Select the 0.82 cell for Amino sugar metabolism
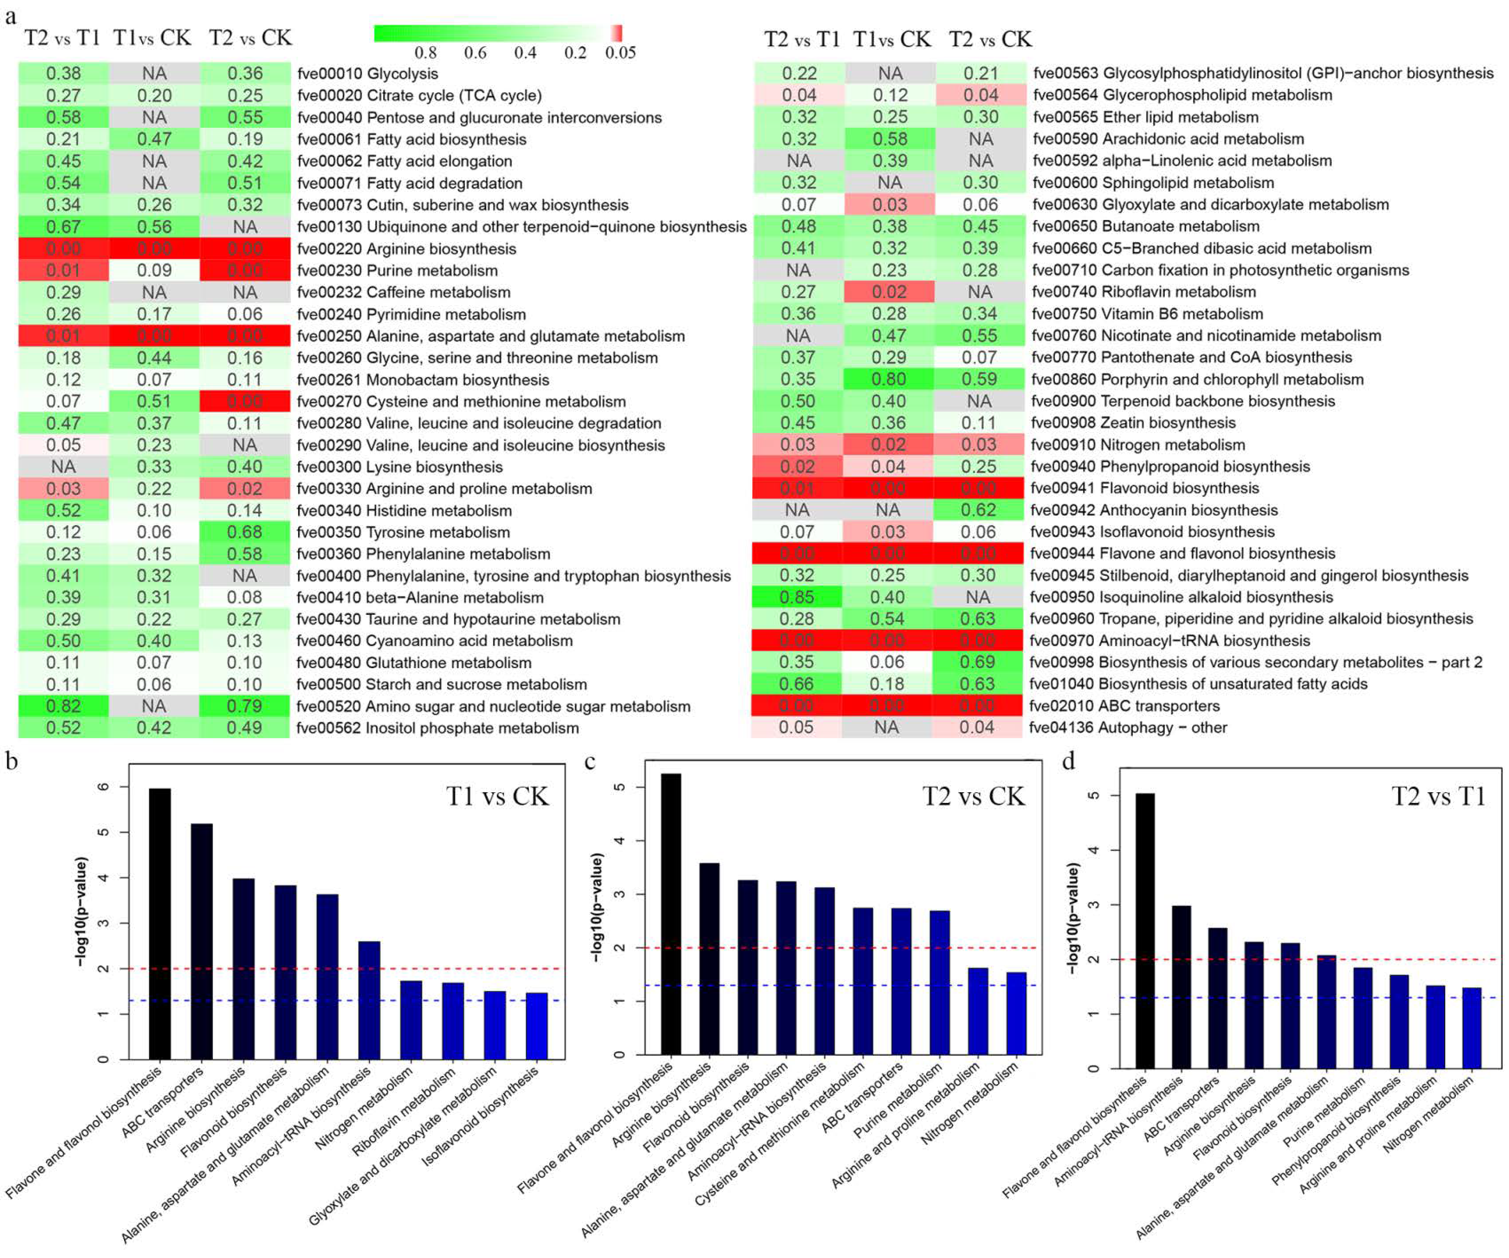63,706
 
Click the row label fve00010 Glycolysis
367,73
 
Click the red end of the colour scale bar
617,33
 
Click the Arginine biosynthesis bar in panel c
709,959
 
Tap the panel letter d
1069,761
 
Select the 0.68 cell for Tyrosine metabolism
244,532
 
